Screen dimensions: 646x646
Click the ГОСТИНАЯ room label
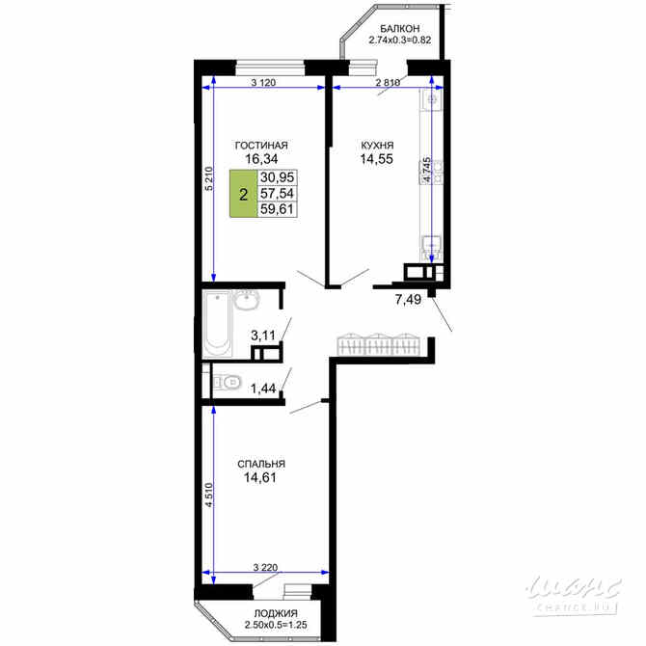pos(261,146)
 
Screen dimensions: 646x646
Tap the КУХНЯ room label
pos(348,146)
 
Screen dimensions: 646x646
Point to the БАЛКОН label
pos(399,29)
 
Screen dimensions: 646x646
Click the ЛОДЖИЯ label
pos(276,614)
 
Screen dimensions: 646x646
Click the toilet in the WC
pos(228,382)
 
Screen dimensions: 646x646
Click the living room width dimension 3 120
pos(263,83)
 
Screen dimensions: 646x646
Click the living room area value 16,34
pos(261,160)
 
